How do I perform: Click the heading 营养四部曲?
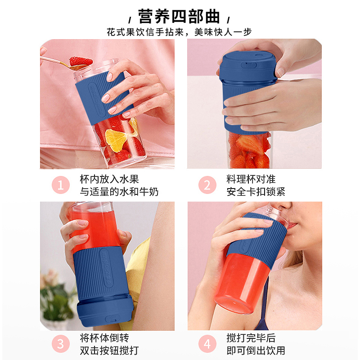(179, 17)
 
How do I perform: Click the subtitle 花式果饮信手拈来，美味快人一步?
(179, 32)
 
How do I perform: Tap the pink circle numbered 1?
(61, 185)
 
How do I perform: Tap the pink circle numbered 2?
(207, 185)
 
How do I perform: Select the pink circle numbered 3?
(61, 344)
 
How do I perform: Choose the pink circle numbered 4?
(207, 344)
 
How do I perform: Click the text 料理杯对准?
(249, 179)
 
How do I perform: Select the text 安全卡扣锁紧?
(256, 192)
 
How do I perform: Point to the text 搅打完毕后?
(249, 338)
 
